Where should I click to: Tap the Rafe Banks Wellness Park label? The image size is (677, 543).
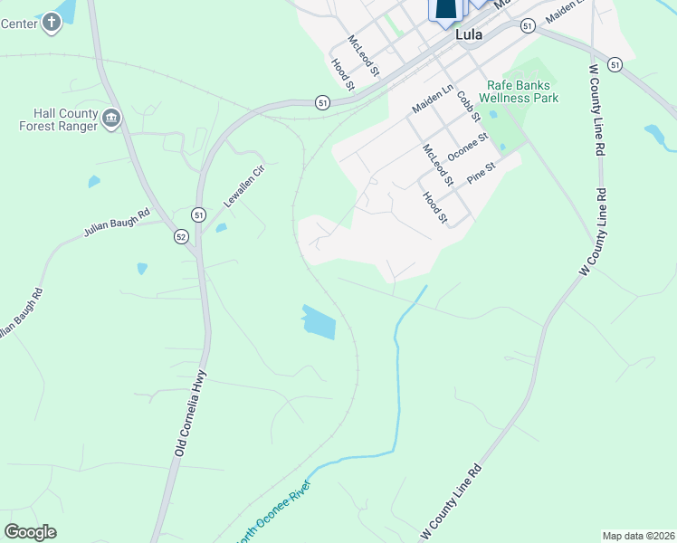pyautogui.click(x=520, y=91)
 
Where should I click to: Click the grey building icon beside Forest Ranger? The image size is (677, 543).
pyautogui.click(x=112, y=118)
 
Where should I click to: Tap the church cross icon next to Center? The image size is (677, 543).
pyautogui.click(x=52, y=23)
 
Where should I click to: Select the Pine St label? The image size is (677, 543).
pyautogui.click(x=482, y=173)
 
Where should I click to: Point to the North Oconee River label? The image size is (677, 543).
pyautogui.click(x=274, y=512)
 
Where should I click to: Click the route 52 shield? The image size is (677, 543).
pyautogui.click(x=182, y=236)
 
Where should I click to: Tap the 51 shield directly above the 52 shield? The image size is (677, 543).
pyautogui.click(x=198, y=214)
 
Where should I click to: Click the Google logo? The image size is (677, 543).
pyautogui.click(x=31, y=532)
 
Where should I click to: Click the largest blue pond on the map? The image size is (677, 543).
pyautogui.click(x=318, y=321)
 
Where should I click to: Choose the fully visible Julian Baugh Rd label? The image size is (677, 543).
pyautogui.click(x=116, y=224)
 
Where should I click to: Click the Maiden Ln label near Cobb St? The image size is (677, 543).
pyautogui.click(x=432, y=99)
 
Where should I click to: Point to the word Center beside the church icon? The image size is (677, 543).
pyautogui.click(x=18, y=23)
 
